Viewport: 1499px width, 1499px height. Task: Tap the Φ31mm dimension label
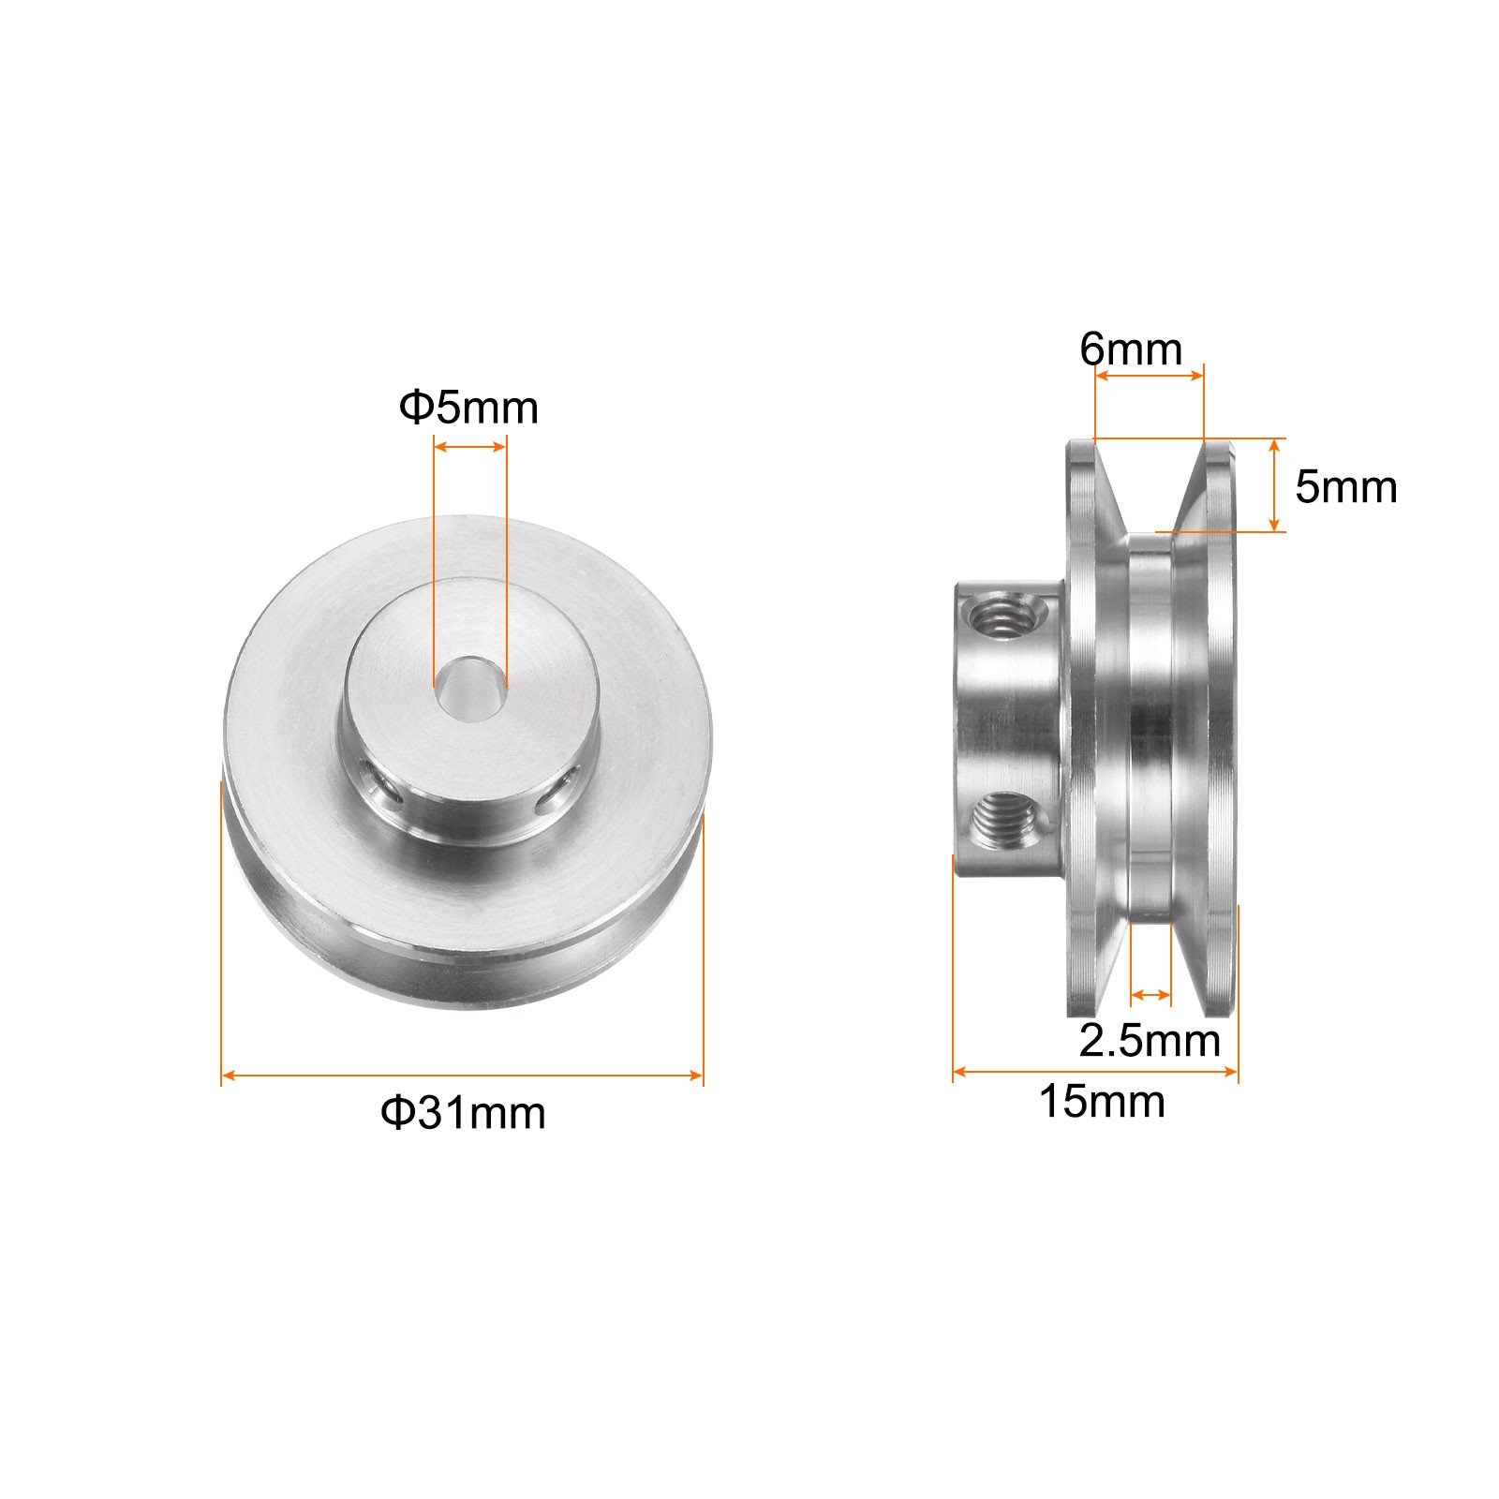[463, 1114]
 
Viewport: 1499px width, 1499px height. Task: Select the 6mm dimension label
[1131, 350]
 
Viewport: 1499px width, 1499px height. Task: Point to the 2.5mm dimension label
[1150, 1041]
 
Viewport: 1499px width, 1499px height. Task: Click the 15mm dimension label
[1102, 1103]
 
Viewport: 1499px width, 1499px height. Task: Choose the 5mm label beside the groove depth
[1346, 487]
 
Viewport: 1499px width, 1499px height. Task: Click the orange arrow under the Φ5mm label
[469, 448]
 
